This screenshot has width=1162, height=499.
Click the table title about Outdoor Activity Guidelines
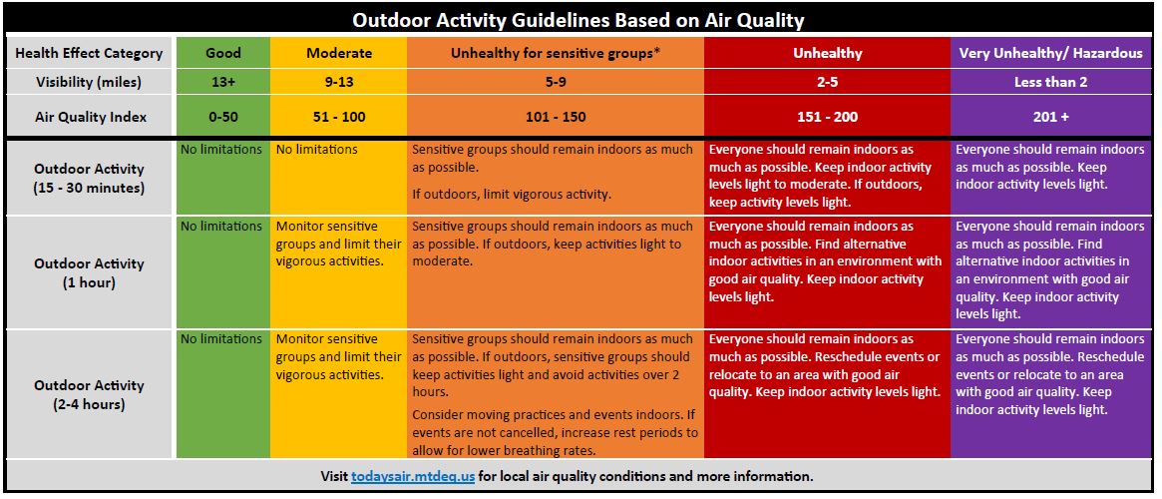click(578, 20)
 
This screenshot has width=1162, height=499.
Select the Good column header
click(223, 53)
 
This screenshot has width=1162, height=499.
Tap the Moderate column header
click(339, 53)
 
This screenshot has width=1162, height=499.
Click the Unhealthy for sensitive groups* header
click(555, 53)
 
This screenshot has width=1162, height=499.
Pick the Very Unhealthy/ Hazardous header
click(1051, 53)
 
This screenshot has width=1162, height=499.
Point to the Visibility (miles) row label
click(89, 82)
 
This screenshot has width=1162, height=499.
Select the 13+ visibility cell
click(223, 82)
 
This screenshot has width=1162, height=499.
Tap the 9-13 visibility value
click(339, 82)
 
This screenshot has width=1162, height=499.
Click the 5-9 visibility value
click(555, 82)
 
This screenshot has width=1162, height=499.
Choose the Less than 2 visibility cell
click(1051, 82)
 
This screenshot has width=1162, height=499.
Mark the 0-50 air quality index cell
click(223, 117)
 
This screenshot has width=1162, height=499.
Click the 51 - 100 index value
click(339, 117)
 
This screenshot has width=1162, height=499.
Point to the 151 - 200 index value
click(827, 117)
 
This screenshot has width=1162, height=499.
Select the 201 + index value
click(1051, 117)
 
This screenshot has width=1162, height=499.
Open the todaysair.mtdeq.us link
click(413, 476)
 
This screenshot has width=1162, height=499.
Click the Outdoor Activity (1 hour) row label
click(89, 272)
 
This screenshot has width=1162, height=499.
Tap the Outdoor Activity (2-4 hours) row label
click(89, 394)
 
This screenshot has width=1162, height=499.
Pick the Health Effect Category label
click(89, 53)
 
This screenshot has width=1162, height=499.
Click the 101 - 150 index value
click(555, 117)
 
